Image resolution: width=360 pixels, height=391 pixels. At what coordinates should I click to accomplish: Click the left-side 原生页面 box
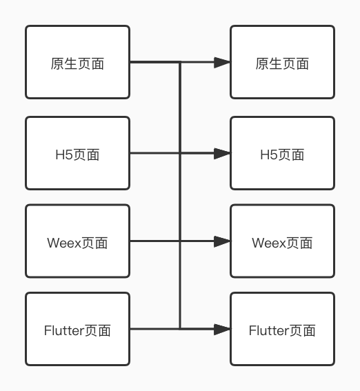[x=77, y=63]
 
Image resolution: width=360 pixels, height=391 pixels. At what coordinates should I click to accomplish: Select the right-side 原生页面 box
[x=282, y=63]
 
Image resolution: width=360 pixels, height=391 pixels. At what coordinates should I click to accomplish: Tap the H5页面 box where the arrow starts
[x=77, y=153]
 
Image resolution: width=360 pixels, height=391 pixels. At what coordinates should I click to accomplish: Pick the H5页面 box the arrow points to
[x=282, y=153]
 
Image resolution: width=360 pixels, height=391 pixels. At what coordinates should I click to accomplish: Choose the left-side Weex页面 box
[x=77, y=241]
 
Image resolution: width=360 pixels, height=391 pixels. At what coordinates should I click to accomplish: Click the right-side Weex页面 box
[x=282, y=241]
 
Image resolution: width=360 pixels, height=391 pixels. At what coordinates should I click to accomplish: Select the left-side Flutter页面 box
[x=77, y=330]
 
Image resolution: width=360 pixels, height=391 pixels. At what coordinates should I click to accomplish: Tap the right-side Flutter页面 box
[x=282, y=330]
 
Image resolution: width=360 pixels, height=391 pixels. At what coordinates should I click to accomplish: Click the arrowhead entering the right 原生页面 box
[x=222, y=63]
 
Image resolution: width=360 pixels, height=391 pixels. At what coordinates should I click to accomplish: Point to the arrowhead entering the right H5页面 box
[x=222, y=153]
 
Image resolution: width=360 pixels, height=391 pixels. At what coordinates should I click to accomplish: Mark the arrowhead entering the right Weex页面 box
[x=222, y=241]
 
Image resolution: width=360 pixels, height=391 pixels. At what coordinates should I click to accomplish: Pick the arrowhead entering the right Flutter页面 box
[x=222, y=330]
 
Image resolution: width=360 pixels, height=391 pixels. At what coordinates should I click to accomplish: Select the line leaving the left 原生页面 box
[x=154, y=63]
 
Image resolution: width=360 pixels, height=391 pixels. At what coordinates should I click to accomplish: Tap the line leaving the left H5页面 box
[x=154, y=153]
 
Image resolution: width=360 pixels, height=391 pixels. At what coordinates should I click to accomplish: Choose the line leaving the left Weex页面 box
[x=154, y=241]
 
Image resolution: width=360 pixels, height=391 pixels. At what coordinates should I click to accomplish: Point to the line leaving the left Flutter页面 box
[x=154, y=330]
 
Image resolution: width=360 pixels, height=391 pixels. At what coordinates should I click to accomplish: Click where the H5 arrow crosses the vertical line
[x=180, y=153]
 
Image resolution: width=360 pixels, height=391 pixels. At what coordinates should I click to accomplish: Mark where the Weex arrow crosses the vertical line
[x=180, y=241]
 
